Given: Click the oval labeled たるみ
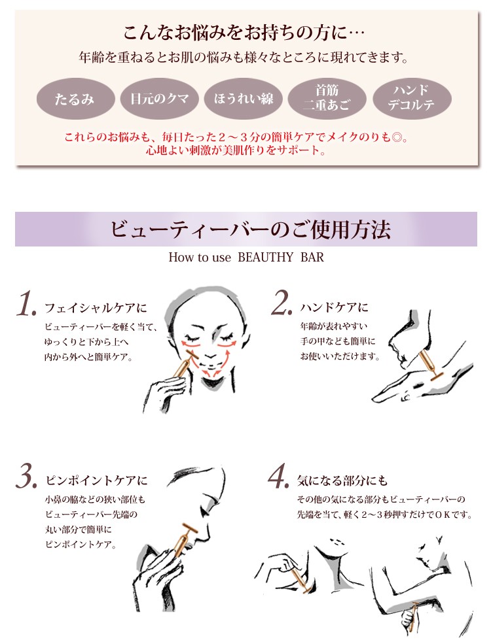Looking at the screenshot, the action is [75, 99].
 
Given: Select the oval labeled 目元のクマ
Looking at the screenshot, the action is [160, 99].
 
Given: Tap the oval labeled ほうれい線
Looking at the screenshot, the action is [244, 99].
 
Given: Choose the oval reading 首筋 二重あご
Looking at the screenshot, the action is [327, 99].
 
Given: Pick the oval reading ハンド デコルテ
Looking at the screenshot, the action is [412, 99].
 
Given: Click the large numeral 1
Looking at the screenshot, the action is [27, 304].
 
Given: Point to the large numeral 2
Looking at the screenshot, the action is [282, 303].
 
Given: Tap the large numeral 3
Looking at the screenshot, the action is [26, 477].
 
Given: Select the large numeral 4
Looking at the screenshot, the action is [279, 477].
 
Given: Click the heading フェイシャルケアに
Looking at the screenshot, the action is [96, 308].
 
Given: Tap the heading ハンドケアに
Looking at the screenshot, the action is [335, 308].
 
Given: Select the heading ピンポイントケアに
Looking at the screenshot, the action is [97, 481].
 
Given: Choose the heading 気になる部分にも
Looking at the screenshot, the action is [342, 480].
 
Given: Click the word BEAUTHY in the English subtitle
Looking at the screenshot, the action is [265, 258].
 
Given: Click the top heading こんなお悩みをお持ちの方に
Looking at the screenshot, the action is [244, 33].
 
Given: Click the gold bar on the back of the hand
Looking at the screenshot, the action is [429, 366].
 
